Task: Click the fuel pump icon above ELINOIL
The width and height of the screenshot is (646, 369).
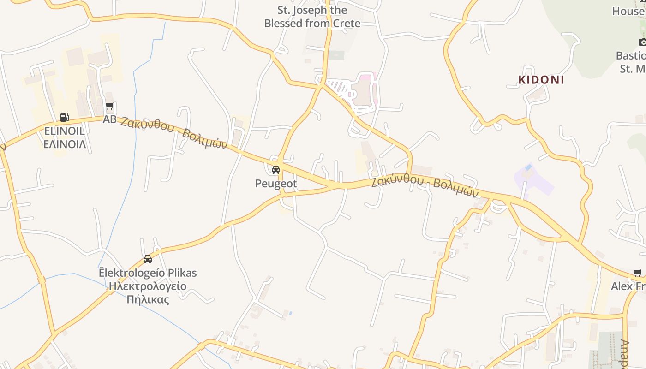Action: coord(65,118)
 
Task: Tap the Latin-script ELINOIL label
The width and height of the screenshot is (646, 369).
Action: coord(65,131)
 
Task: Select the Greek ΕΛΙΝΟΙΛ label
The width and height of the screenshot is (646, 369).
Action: coord(65,144)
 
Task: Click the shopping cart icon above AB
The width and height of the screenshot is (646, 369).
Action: coord(109,107)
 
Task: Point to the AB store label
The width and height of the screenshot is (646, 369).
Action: coord(109,119)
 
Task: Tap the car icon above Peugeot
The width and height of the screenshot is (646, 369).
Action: coord(276,170)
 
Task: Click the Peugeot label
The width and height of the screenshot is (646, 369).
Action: coord(276,184)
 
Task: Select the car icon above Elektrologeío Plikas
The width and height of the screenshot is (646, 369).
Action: coord(148,259)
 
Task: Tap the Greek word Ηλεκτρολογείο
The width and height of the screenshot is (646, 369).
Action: coord(148,286)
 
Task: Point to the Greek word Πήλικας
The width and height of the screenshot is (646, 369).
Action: coord(148,299)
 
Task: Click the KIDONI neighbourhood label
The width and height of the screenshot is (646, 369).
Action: coord(541,80)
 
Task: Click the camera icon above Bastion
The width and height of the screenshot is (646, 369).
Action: coord(642,42)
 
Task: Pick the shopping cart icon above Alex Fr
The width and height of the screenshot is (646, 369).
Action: coord(638,273)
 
